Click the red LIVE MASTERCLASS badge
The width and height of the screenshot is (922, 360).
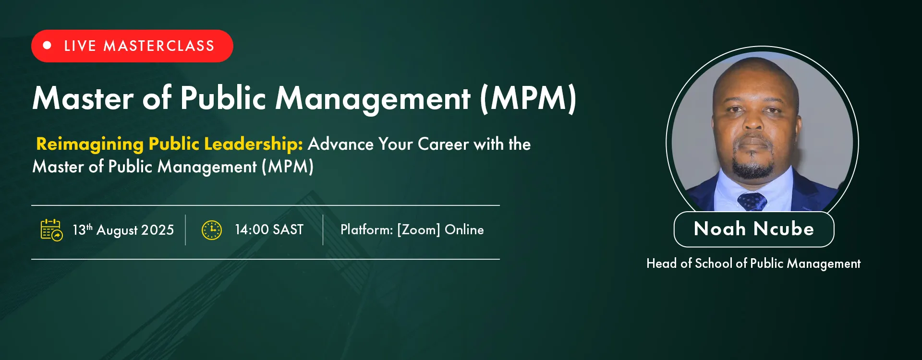(x=132, y=46)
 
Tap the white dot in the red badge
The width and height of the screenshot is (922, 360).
(x=47, y=46)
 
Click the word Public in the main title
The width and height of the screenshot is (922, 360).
(x=223, y=98)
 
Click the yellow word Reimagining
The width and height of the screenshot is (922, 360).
(x=90, y=144)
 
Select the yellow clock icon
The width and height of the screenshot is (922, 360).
(x=212, y=230)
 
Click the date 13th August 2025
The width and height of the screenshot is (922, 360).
(x=123, y=230)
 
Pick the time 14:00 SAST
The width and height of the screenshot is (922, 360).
(x=269, y=229)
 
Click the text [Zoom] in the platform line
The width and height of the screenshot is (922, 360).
(x=419, y=230)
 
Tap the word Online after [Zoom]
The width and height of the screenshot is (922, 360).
(x=464, y=229)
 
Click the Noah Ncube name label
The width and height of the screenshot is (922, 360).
(x=754, y=229)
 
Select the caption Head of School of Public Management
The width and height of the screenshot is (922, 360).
(x=753, y=264)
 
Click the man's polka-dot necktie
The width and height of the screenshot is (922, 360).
(x=752, y=202)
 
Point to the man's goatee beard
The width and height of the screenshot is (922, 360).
(x=752, y=166)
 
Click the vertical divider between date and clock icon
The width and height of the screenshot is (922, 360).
(x=185, y=230)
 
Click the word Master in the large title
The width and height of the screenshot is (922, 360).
(x=83, y=98)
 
